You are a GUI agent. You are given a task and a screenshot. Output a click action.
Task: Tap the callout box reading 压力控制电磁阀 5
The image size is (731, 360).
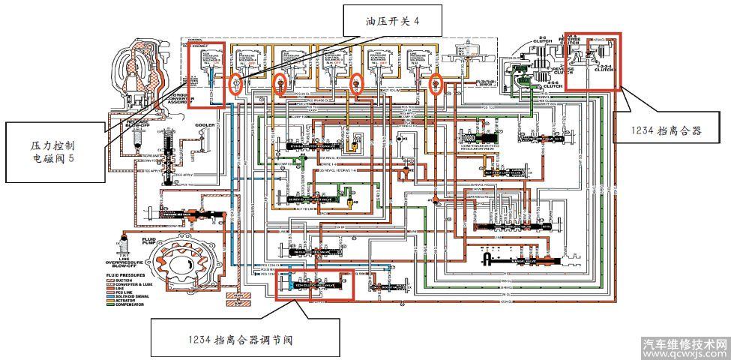pos(52,151)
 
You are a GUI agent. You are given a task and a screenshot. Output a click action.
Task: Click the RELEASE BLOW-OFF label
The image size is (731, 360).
pos(136,120)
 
